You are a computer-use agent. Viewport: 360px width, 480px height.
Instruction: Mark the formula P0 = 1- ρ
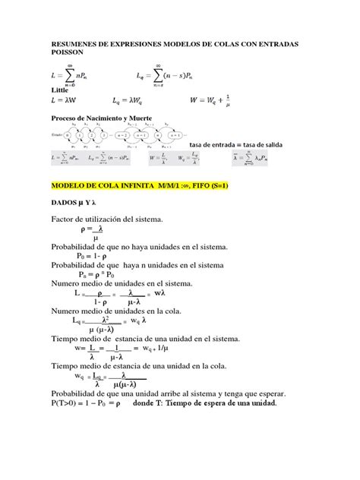pyautogui.click(x=94, y=257)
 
